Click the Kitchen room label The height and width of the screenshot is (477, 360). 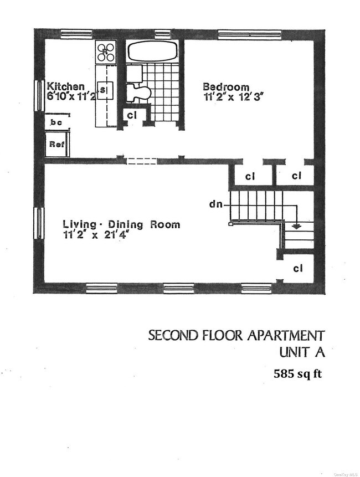click(65, 86)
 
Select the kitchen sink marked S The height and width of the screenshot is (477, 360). click(105, 89)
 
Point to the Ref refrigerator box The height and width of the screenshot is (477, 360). click(57, 143)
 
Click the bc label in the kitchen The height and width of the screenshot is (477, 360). click(56, 122)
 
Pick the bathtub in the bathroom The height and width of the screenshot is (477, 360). click(153, 52)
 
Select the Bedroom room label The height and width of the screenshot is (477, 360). click(225, 86)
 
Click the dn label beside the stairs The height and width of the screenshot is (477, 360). click(217, 204)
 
